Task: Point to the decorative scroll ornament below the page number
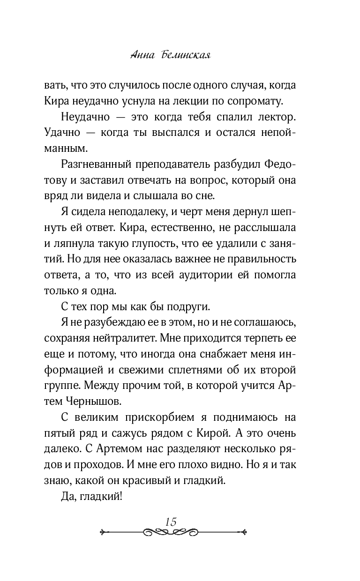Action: [173, 532]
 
